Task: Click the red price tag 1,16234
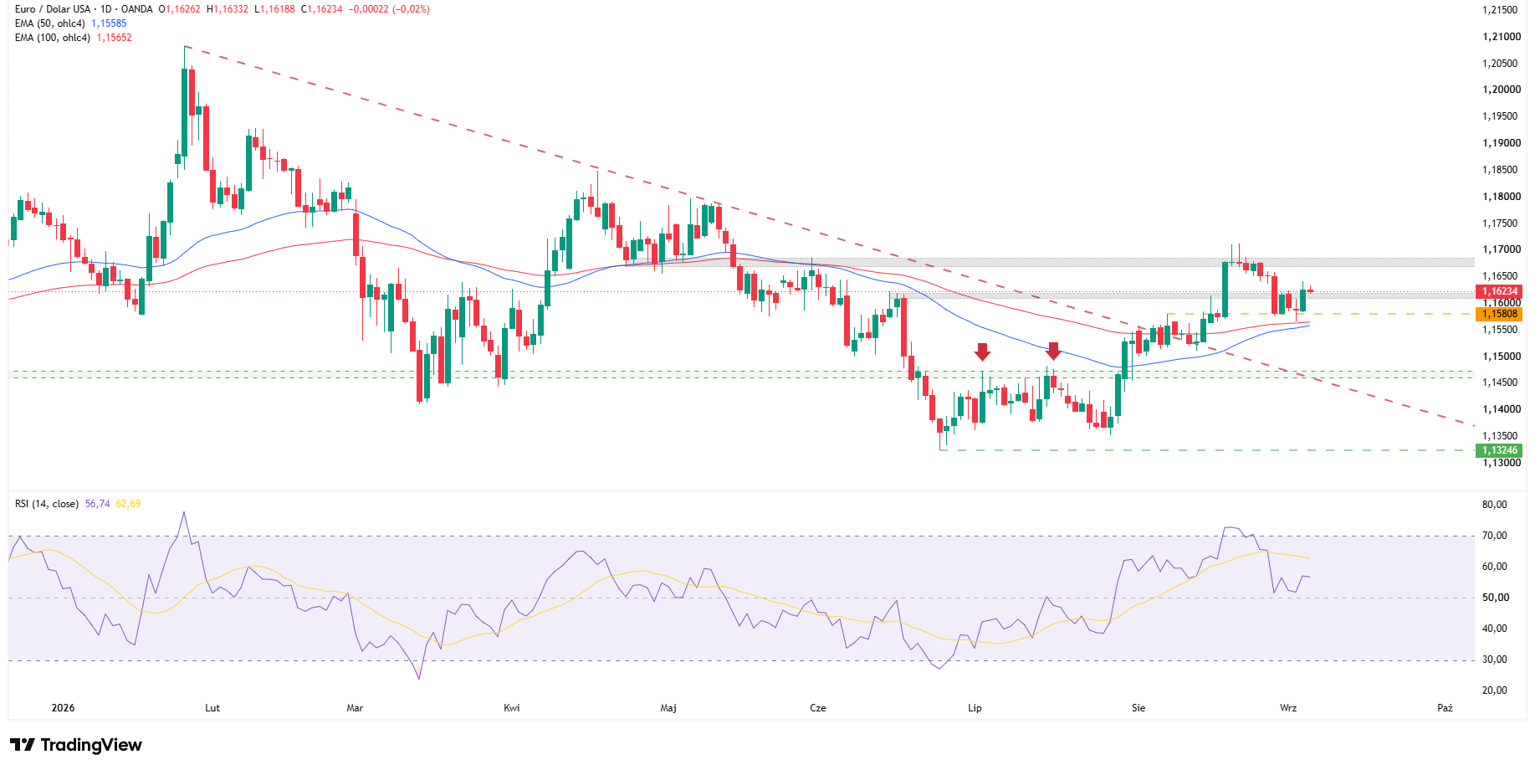1499,291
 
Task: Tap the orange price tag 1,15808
1499,314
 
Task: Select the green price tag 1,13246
1499,450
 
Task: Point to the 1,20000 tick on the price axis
1501,90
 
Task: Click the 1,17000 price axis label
1501,249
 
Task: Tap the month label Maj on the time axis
668,708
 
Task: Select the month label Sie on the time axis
1138,708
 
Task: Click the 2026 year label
63,708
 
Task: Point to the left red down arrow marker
982,352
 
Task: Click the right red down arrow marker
1053,352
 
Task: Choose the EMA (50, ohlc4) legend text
50,23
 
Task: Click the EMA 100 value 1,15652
114,38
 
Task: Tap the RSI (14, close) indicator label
47,504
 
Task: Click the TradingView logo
76,745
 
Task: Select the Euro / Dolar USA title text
53,9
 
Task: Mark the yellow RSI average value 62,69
128,504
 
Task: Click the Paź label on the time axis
1445,708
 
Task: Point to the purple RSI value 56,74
97,504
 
